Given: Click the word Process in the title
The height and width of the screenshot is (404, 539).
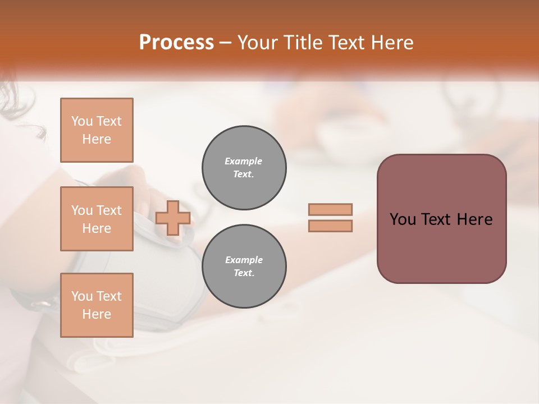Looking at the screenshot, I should pyautogui.click(x=176, y=43).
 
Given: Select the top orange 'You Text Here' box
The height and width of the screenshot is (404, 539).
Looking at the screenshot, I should pyautogui.click(x=97, y=130).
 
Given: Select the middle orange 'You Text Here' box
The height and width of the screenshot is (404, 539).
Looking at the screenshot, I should pyautogui.click(x=97, y=219).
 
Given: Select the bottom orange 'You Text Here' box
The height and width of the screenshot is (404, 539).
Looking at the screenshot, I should pyautogui.click(x=97, y=305).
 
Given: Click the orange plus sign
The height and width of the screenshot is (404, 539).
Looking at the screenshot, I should pyautogui.click(x=173, y=218).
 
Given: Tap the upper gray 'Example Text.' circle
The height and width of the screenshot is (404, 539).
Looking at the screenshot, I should pyautogui.click(x=244, y=168).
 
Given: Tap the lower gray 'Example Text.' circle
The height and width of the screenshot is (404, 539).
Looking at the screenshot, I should pyautogui.click(x=244, y=267).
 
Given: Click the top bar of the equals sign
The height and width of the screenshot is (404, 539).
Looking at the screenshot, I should pyautogui.click(x=330, y=210).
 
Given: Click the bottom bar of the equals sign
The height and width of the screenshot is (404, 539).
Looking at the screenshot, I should pyautogui.click(x=330, y=226).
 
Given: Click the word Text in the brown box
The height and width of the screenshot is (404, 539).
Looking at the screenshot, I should pyautogui.click(x=437, y=219).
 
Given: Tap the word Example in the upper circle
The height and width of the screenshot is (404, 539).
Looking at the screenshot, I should pyautogui.click(x=244, y=161).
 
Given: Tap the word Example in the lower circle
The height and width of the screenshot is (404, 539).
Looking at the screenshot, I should pyautogui.click(x=244, y=260).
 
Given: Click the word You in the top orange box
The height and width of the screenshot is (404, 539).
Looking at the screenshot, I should pyautogui.click(x=82, y=121).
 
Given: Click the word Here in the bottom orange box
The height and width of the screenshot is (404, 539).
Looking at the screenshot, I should pyautogui.click(x=97, y=314).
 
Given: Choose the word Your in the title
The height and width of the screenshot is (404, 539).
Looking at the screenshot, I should pyautogui.click(x=257, y=43).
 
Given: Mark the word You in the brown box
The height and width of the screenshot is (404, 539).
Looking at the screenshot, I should pyautogui.click(x=403, y=219).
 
